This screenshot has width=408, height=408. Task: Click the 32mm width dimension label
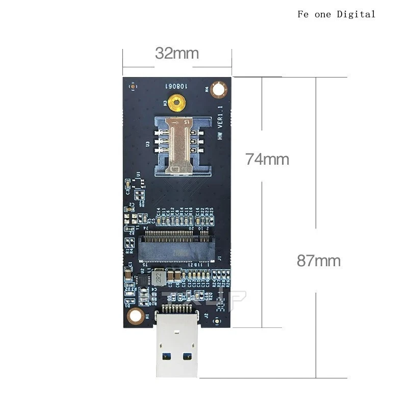point(177,53)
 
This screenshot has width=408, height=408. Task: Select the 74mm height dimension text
point(267,159)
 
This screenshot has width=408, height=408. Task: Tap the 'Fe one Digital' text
point(336,14)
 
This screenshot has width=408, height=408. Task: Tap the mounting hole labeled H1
point(135,316)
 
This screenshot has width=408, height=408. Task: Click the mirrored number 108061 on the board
point(176,87)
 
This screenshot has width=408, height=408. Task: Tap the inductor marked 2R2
point(159,278)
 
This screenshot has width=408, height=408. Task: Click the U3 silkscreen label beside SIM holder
point(147,145)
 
